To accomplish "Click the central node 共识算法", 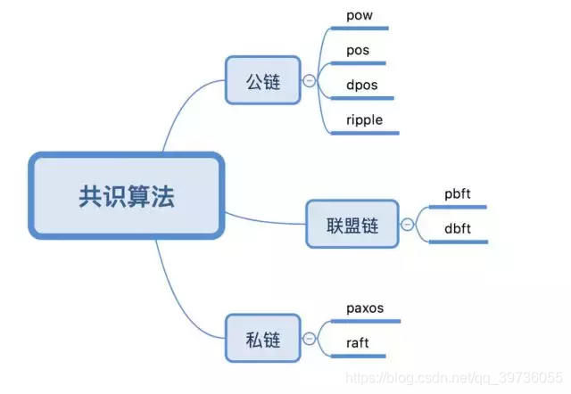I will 125,196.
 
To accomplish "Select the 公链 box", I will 263,82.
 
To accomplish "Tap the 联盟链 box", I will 352,225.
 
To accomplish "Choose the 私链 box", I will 263,339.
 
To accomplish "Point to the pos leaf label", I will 357,50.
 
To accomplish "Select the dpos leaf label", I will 361,85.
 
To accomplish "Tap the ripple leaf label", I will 365,119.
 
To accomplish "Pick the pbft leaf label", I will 458,193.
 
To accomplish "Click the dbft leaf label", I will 458,228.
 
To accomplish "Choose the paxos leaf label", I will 365,308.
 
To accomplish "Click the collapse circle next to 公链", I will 309,81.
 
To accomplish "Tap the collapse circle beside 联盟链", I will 408,225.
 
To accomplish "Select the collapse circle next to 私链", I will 309,339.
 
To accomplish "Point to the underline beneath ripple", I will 366,134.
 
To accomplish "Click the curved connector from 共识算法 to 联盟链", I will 268,219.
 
